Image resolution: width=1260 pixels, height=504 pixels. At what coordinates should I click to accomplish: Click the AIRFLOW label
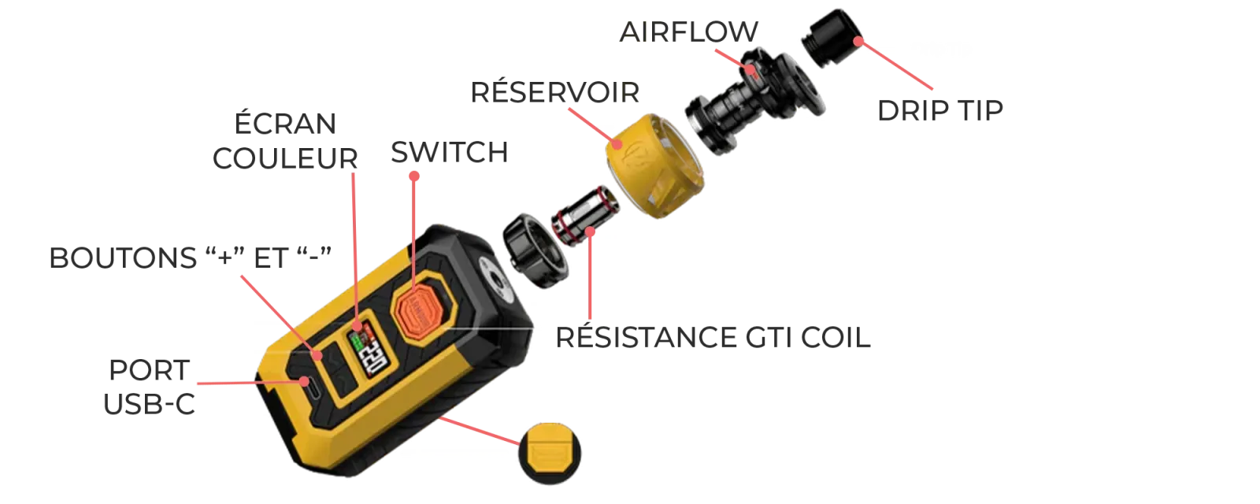pyautogui.click(x=688, y=31)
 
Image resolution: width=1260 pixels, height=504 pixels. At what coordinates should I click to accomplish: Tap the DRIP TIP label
pyautogui.click(x=940, y=110)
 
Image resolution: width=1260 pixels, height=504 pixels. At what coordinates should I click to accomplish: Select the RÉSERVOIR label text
pyautogui.click(x=554, y=91)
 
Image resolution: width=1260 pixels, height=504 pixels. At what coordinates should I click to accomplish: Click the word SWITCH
pyautogui.click(x=450, y=153)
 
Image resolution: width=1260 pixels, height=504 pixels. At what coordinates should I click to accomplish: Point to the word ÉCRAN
pyautogui.click(x=285, y=123)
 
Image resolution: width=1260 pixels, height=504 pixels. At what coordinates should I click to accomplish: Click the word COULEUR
pyautogui.click(x=285, y=158)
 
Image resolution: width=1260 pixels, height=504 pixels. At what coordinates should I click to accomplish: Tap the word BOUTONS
pyautogui.click(x=123, y=258)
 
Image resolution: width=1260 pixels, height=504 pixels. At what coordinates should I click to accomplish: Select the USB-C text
pyautogui.click(x=149, y=404)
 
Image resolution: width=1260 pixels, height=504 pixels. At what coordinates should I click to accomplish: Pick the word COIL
pyautogui.click(x=836, y=338)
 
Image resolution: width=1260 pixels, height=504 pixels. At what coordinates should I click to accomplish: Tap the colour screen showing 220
pyautogui.click(x=366, y=349)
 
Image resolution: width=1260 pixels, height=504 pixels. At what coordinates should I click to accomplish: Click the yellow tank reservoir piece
pyautogui.click(x=654, y=166)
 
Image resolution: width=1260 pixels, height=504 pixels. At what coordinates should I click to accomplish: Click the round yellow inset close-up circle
pyautogui.click(x=550, y=454)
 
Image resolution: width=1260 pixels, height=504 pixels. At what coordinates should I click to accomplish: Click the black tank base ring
pyautogui.click(x=535, y=250)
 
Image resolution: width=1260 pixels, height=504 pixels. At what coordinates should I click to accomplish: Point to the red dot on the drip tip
pyautogui.click(x=858, y=41)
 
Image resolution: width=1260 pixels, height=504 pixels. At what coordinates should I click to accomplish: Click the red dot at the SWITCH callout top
pyautogui.click(x=414, y=176)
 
